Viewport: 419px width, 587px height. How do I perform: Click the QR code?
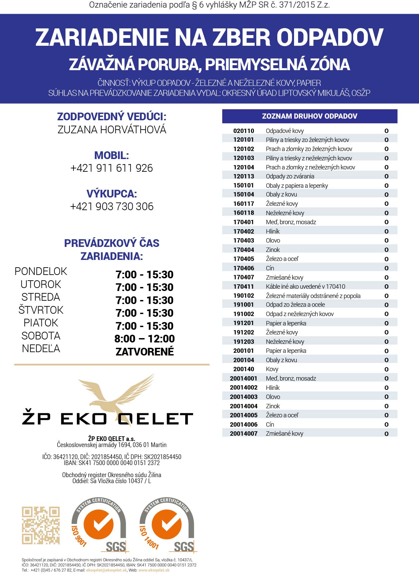click(x=41, y=525)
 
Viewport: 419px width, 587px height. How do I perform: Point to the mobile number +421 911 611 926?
click(x=112, y=168)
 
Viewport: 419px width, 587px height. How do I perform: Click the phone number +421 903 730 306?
click(x=112, y=206)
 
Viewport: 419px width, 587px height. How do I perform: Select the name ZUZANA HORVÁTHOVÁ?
click(x=112, y=130)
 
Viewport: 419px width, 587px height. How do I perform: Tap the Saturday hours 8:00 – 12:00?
click(x=144, y=339)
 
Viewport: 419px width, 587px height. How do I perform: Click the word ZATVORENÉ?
click(x=144, y=351)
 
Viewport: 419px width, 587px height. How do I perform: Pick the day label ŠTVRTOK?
click(x=41, y=310)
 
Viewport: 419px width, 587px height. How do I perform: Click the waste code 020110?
click(x=244, y=131)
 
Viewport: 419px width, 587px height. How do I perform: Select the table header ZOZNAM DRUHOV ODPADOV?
click(x=309, y=116)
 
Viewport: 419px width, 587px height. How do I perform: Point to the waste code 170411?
click(x=244, y=287)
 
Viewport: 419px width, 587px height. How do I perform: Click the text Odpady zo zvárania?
click(x=290, y=176)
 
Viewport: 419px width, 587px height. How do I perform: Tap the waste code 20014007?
click(x=244, y=434)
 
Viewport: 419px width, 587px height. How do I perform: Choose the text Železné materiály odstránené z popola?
click(x=313, y=296)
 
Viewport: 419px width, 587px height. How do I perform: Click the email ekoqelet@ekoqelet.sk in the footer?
click(x=106, y=570)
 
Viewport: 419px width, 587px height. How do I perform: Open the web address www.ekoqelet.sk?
click(x=154, y=570)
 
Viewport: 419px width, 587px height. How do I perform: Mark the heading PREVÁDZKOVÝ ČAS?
click(x=112, y=243)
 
